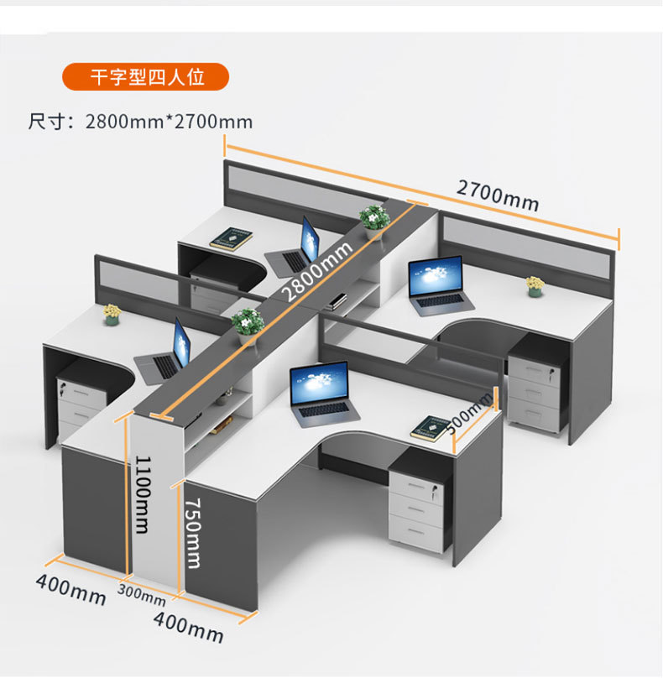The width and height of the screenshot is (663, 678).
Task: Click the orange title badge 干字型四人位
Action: point(146,77)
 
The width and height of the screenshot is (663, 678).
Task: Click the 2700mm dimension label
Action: point(498,196)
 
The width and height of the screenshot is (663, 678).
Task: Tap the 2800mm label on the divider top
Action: point(317,271)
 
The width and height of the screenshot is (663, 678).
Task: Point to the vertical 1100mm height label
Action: point(143,494)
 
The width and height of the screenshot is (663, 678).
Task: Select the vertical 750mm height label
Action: point(192,533)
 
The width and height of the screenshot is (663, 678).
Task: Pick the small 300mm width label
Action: point(142,595)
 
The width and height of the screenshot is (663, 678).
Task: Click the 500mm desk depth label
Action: point(469,413)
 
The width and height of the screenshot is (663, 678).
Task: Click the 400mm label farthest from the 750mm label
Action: point(71,589)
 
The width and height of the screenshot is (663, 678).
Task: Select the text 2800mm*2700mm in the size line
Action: point(169,122)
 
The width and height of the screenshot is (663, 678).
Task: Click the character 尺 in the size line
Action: point(37,122)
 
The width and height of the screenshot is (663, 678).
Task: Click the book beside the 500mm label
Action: point(431,428)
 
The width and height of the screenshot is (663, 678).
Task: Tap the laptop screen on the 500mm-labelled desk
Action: point(320,383)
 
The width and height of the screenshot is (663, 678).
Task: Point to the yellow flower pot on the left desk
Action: point(112,315)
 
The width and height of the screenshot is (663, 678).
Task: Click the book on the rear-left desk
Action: point(232,238)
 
